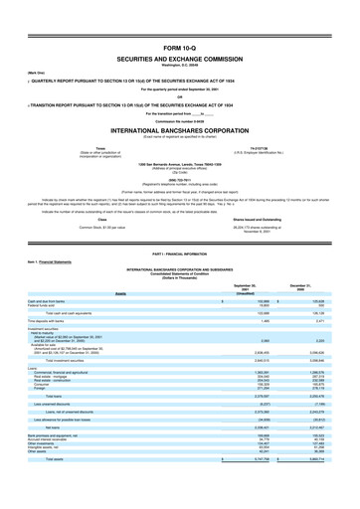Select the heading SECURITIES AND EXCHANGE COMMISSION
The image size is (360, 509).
[x=179, y=31]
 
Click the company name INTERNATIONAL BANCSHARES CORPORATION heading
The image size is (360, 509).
[x=179, y=99]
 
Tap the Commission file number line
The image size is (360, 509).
[x=179, y=90]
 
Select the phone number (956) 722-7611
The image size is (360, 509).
[x=179, y=137]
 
